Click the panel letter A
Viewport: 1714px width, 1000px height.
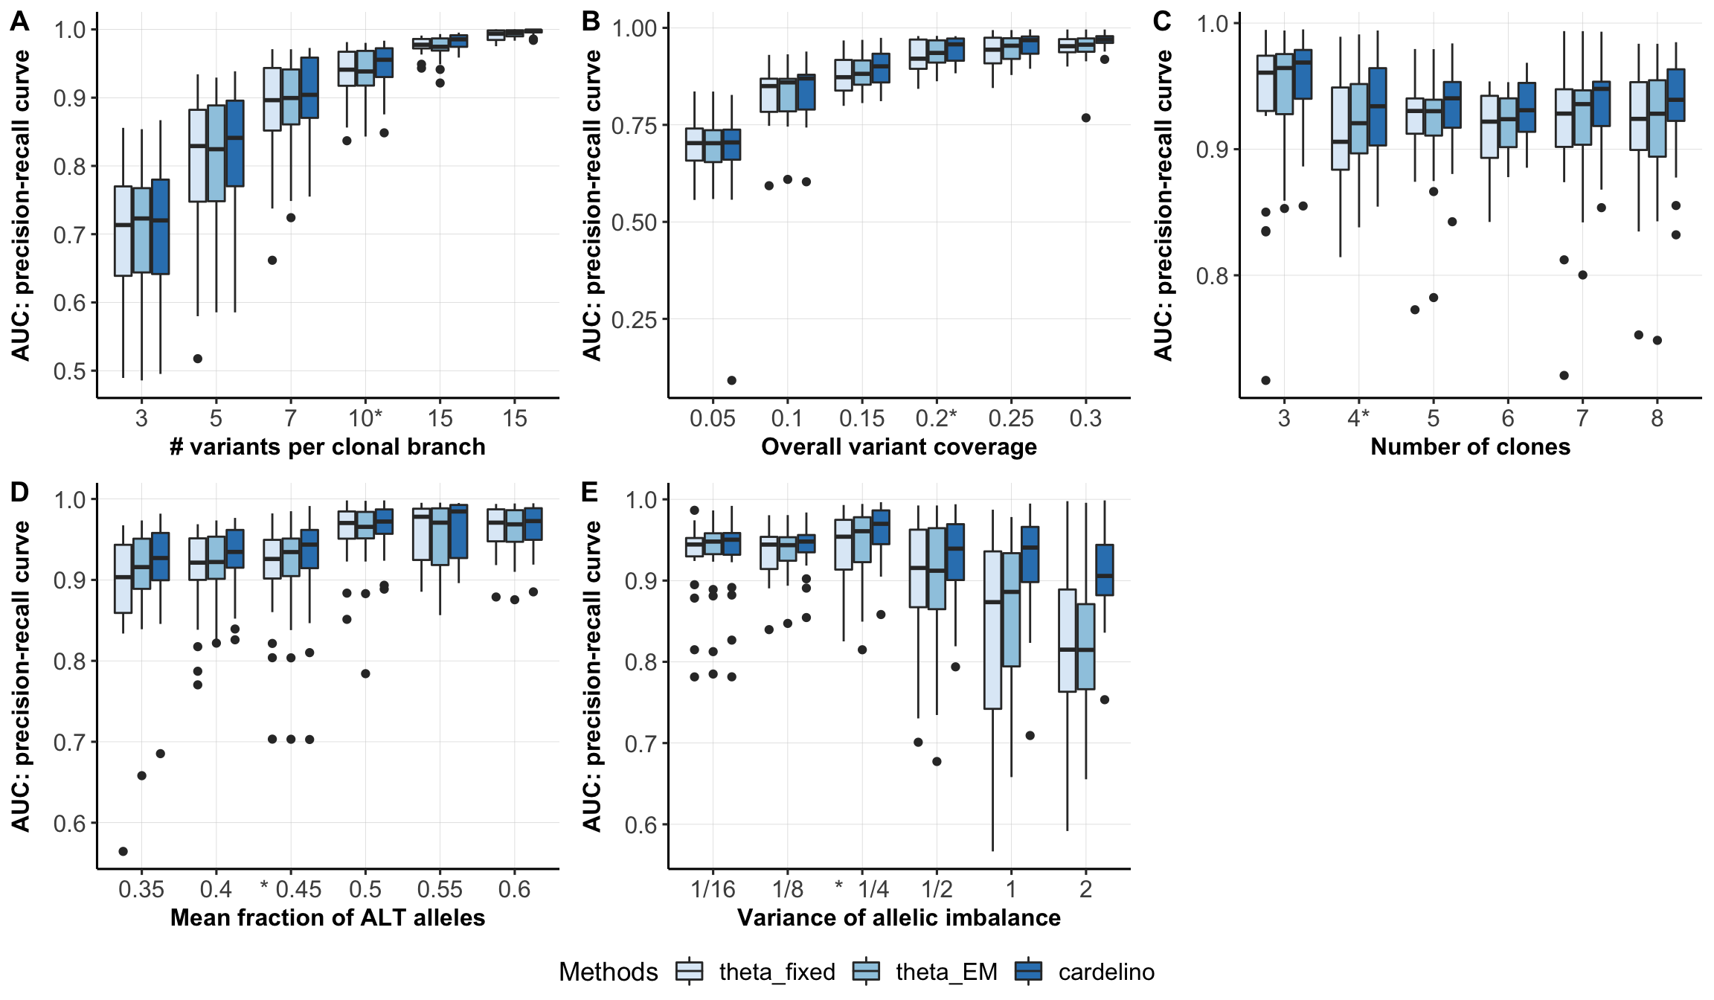[20, 21]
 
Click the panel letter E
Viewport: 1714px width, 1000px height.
[590, 492]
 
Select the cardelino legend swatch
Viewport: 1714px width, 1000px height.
[1030, 972]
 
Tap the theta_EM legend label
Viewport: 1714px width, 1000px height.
[946, 972]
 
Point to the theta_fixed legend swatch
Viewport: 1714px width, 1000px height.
[690, 972]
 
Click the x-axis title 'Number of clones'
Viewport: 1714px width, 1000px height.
[1470, 446]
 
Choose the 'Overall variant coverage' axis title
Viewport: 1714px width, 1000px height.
[899, 446]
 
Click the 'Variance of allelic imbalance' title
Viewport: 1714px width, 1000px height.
[899, 917]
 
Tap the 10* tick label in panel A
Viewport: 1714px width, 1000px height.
[365, 418]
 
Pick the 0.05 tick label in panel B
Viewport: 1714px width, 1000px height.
[712, 418]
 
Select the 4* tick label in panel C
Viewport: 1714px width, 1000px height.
[1358, 418]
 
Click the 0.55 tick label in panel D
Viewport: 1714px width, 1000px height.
[440, 889]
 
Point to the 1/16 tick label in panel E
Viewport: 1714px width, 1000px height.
[713, 889]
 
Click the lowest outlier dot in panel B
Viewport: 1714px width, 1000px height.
[731, 380]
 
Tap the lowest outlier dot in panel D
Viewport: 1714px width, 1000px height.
[123, 851]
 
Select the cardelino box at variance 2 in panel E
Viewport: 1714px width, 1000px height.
[1105, 570]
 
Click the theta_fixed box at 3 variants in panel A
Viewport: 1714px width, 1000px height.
[123, 231]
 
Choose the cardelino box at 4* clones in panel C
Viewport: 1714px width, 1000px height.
[1378, 106]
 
